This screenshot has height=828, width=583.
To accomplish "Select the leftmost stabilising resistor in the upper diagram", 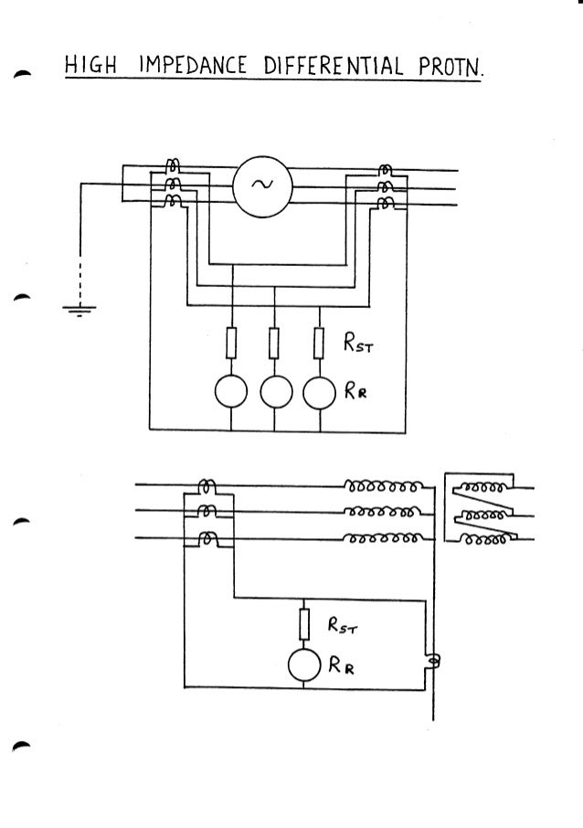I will coord(231,345).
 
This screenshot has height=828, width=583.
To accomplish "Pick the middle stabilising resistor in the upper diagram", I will coord(275,345).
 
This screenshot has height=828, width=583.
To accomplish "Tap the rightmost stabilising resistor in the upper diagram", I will coord(319,345).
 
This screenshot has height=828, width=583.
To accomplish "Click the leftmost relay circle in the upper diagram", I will coord(231,393).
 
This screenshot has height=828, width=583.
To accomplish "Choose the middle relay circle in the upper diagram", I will coord(275,393).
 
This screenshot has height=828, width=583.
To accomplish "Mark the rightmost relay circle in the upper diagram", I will coord(319,393).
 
